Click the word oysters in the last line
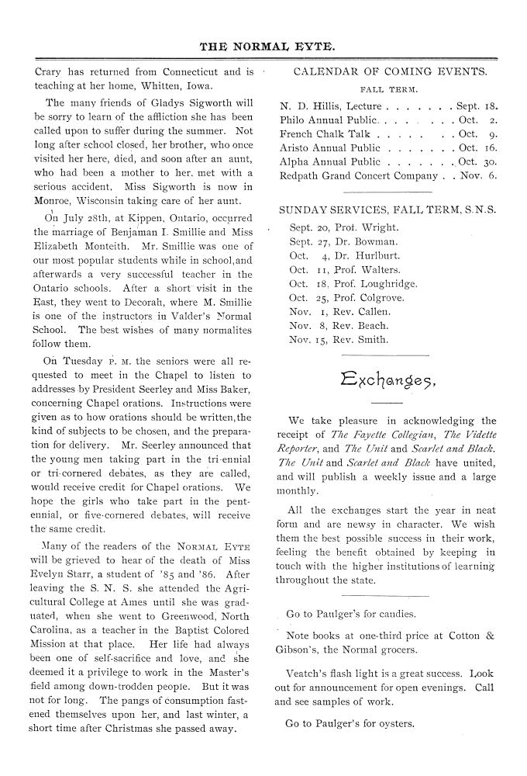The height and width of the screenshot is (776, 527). click(x=396, y=725)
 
